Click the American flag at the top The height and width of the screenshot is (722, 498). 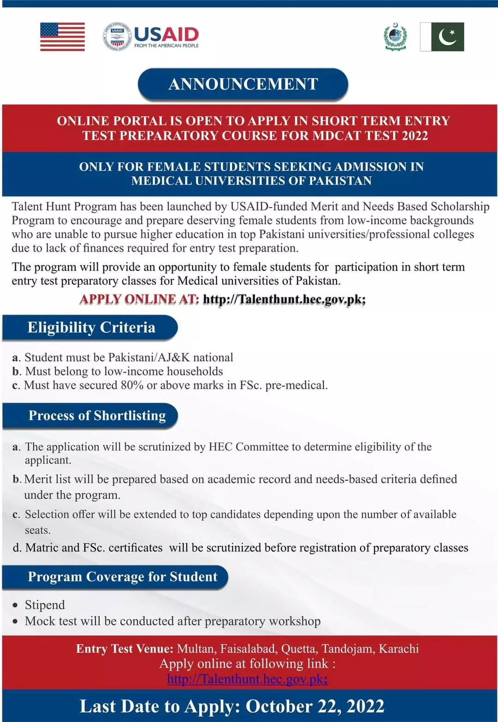62,36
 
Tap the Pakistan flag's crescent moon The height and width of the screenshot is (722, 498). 447,37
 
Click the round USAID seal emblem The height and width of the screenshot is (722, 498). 117,37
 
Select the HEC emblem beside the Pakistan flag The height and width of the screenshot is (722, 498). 395,37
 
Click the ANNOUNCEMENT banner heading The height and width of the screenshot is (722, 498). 243,84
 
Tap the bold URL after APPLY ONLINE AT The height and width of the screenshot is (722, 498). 284,299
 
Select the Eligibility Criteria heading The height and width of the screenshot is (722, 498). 91,327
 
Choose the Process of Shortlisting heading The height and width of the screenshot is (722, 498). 97,415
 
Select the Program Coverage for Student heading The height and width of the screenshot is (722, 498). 122,577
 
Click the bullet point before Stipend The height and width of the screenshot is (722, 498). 16,605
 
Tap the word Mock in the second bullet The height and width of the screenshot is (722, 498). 40,621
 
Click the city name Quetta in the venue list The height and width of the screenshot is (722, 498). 298,649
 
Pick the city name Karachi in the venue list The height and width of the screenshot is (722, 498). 398,649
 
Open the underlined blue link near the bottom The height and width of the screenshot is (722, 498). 247,679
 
